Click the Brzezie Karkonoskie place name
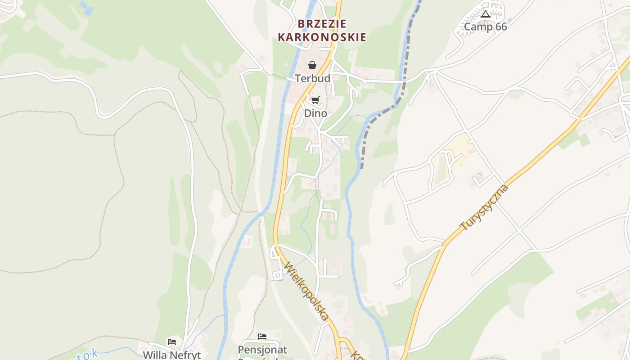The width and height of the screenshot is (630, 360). pyautogui.click(x=322, y=30)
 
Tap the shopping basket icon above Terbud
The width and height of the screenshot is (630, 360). pyautogui.click(x=312, y=65)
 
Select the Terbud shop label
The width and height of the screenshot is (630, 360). pyautogui.click(x=313, y=78)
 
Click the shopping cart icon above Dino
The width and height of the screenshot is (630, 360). pyautogui.click(x=315, y=100)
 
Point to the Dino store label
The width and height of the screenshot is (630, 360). pyautogui.click(x=315, y=113)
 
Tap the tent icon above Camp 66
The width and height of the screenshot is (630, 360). pyautogui.click(x=485, y=14)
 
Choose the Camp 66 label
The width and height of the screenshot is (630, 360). pyautogui.click(x=485, y=27)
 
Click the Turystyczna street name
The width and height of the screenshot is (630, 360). pyautogui.click(x=484, y=207)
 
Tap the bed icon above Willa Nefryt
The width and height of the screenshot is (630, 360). pyautogui.click(x=171, y=342)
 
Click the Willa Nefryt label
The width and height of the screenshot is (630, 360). pyautogui.click(x=171, y=355)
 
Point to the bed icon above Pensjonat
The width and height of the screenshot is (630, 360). pyautogui.click(x=262, y=337)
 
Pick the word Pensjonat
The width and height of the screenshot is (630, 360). pyautogui.click(x=262, y=349)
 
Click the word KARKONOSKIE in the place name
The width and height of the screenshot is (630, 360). pyautogui.click(x=322, y=37)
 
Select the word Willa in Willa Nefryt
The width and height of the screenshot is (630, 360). pyautogui.click(x=153, y=355)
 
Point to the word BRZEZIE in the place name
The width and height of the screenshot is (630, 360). pyautogui.click(x=322, y=24)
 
